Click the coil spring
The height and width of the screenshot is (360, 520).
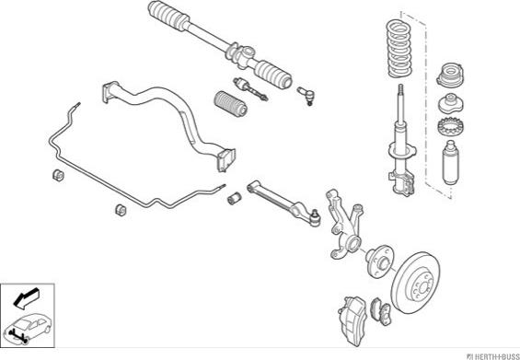click(x=399, y=49)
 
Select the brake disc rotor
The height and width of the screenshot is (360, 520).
click(x=415, y=283)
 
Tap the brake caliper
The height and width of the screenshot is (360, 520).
click(x=352, y=319)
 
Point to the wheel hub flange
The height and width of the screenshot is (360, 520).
click(x=380, y=261)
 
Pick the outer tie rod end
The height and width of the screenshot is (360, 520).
click(x=306, y=96)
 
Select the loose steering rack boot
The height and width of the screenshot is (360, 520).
click(x=231, y=104)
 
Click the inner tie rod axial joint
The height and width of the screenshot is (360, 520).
click(x=250, y=89)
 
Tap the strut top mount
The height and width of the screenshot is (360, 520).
click(x=450, y=75)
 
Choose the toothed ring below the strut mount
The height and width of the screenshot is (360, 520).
click(x=450, y=126)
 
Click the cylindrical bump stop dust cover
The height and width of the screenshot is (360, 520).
click(x=451, y=162)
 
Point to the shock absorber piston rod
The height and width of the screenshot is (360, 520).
click(x=401, y=103)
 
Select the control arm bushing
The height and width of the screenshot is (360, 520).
click(x=234, y=198)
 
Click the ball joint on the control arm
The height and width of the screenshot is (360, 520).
click(x=315, y=218)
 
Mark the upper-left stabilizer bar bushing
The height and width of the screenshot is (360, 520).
click(x=58, y=175)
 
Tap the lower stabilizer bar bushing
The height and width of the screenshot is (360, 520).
click(x=121, y=210)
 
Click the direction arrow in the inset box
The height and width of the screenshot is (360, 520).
click(x=27, y=298)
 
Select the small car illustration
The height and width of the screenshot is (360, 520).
click(x=28, y=329)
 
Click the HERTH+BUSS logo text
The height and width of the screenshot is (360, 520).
click(x=493, y=356)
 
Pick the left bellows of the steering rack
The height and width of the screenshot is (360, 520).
click(x=168, y=16)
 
